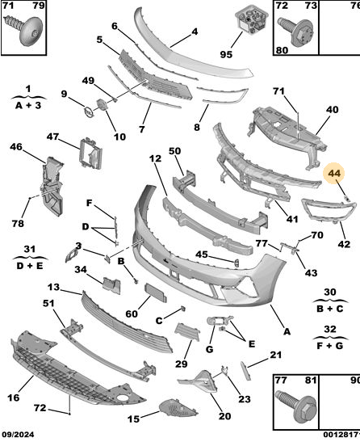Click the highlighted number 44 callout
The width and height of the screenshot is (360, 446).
click(x=334, y=173)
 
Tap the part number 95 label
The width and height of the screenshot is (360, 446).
click(x=226, y=54)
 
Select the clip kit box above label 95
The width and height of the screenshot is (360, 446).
click(x=252, y=20)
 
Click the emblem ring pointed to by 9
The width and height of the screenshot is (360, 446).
click(x=88, y=111)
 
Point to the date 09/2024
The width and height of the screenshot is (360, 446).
click(x=18, y=435)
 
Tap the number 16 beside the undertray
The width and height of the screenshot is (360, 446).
click(x=14, y=398)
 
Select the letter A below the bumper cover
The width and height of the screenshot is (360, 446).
click(x=287, y=331)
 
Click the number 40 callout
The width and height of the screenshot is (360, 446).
click(x=333, y=110)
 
